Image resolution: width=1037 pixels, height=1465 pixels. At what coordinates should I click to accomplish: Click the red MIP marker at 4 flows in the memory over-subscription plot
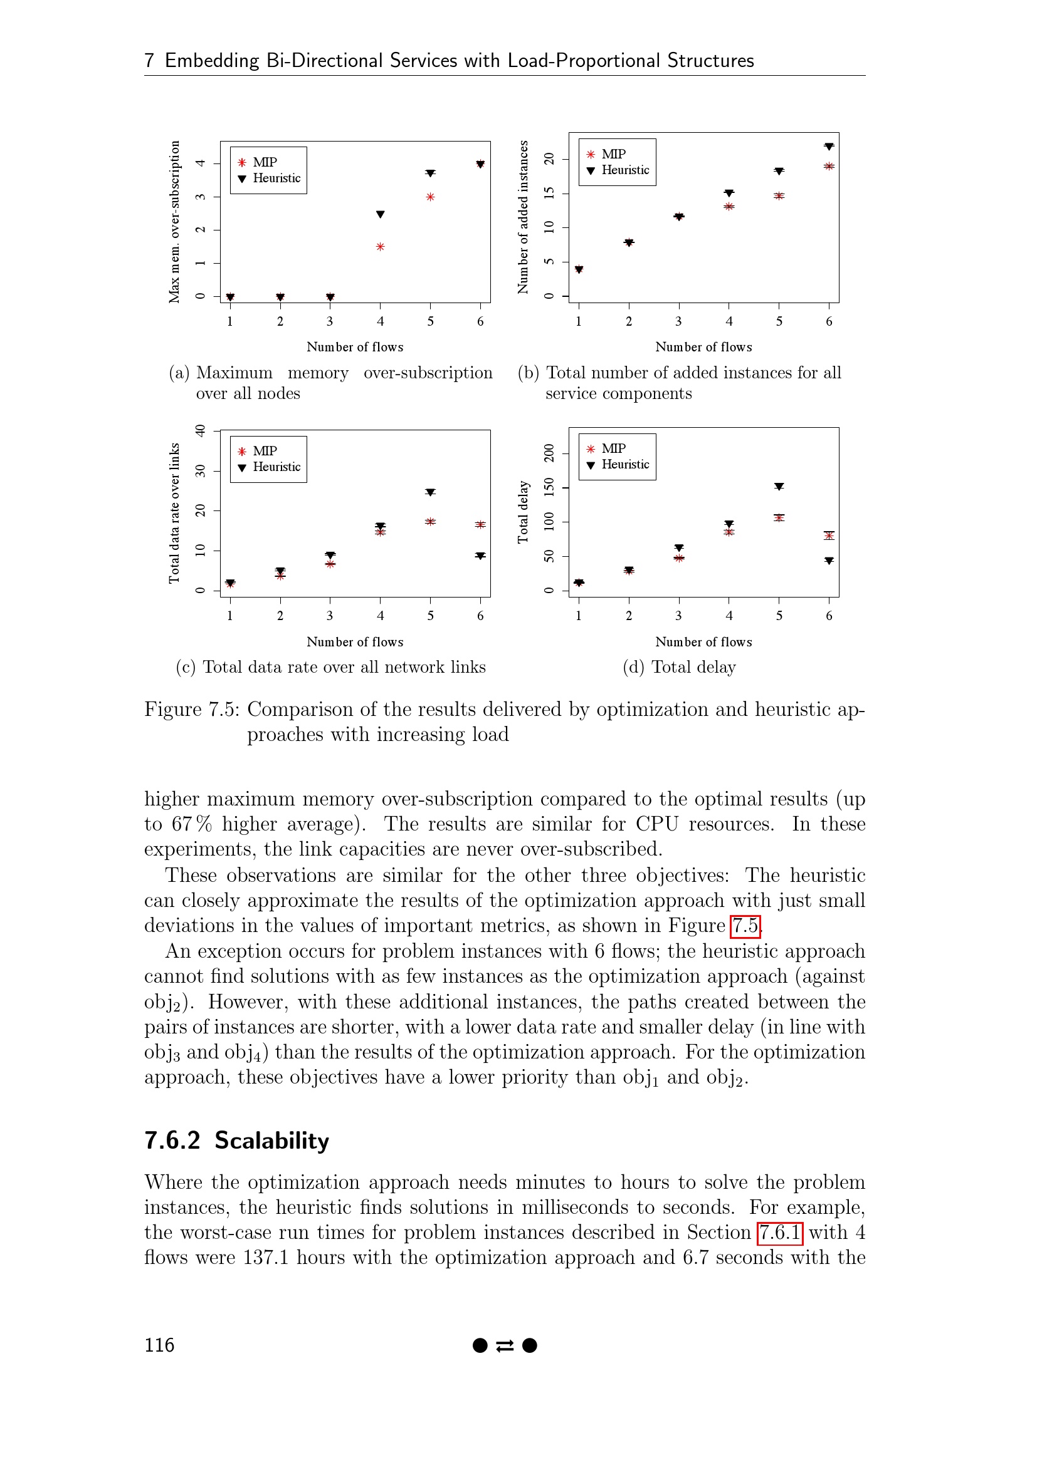click(380, 247)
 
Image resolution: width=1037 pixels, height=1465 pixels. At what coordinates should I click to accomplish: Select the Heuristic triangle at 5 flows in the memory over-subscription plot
click(430, 173)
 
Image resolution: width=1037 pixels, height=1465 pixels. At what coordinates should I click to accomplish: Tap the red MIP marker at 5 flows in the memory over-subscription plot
click(430, 197)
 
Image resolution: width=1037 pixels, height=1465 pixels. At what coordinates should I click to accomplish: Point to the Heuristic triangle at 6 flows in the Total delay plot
click(829, 561)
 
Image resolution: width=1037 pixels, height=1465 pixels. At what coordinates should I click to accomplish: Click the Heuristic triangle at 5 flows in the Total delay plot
click(779, 487)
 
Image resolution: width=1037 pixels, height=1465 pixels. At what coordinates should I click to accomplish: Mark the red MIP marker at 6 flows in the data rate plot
click(480, 524)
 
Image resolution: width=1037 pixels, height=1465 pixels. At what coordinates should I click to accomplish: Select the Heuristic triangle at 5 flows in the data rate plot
click(430, 492)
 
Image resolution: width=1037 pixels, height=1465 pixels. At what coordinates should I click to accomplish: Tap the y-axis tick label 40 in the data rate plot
click(201, 431)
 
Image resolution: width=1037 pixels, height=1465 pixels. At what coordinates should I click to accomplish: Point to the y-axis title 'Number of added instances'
click(524, 217)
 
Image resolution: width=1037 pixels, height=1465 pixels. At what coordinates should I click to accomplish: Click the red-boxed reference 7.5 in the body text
click(745, 925)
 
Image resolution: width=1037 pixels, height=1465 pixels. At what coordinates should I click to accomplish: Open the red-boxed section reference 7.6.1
click(779, 1232)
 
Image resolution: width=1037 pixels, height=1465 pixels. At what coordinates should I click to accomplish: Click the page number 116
click(159, 1345)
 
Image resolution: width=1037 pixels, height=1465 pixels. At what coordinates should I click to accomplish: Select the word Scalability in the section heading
click(271, 1140)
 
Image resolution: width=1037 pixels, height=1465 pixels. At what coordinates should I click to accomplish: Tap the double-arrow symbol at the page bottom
click(505, 1345)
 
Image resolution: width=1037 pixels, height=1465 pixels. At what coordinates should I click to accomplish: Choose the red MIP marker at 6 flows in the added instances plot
click(829, 167)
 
